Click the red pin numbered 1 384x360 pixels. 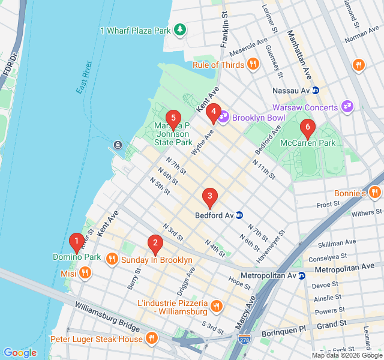click(76, 242)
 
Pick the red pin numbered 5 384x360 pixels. click(173, 118)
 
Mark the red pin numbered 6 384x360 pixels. click(307, 127)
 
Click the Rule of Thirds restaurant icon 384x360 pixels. click(253, 65)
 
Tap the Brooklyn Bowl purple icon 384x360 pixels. click(223, 117)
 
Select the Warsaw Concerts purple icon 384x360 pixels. click(347, 107)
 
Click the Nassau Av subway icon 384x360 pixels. click(316, 90)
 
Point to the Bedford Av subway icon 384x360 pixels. click(239, 215)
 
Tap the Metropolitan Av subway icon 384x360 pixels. click(302, 275)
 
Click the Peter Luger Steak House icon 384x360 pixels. click(151, 339)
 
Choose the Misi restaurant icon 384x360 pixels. click(85, 273)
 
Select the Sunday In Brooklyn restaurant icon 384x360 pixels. click(112, 260)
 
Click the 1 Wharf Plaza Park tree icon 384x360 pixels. click(179, 29)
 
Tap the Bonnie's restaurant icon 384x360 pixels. click(375, 193)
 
